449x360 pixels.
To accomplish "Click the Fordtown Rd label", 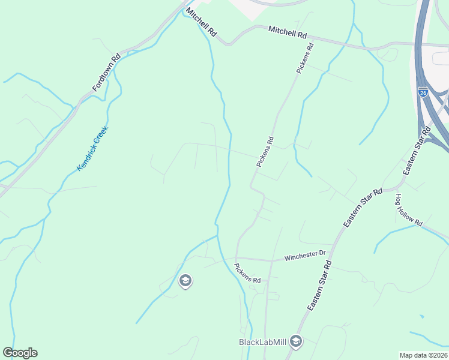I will click(x=107, y=73).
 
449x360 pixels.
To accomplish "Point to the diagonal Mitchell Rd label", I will click(x=201, y=22).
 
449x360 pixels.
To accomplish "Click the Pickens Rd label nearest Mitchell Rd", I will click(x=305, y=58).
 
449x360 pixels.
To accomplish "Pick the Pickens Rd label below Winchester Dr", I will click(x=248, y=273).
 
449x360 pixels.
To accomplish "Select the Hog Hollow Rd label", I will click(x=409, y=209).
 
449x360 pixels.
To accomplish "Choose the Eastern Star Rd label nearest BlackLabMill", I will click(x=319, y=286).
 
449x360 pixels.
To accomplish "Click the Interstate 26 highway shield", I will click(x=423, y=92).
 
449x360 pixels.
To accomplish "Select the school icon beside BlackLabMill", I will click(x=295, y=341).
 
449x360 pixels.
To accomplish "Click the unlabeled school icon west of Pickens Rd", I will click(x=185, y=280).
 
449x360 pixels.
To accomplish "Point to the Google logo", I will click(x=20, y=353).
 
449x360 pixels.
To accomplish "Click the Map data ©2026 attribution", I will click(x=423, y=355).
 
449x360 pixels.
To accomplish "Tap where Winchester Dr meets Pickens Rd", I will click(x=237, y=259).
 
